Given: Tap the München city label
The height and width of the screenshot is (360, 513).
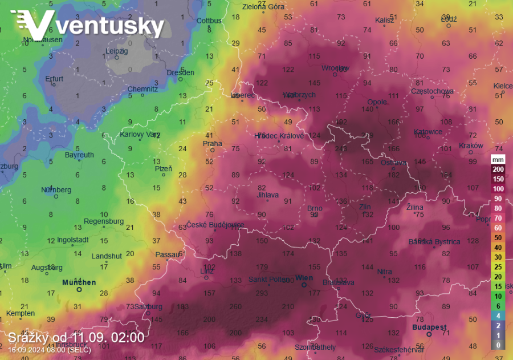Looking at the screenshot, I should (79, 282).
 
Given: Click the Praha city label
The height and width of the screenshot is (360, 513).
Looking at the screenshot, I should (212, 143).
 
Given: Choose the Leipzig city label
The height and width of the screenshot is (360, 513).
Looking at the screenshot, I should (117, 51).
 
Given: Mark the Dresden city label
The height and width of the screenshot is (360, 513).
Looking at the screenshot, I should (180, 72).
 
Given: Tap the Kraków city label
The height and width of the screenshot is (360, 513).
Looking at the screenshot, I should (471, 145).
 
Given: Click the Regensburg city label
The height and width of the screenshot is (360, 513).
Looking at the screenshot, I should (104, 221).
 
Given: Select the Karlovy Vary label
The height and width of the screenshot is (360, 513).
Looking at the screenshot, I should (140, 135).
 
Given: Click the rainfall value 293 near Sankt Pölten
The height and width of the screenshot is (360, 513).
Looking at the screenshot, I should (262, 293).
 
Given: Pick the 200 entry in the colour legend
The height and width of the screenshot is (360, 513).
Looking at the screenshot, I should (498, 169).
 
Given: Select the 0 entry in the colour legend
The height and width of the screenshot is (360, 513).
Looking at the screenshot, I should (498, 345).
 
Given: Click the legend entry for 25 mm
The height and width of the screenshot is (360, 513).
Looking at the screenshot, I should (498, 267).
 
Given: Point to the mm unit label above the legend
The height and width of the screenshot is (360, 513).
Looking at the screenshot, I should (498, 160).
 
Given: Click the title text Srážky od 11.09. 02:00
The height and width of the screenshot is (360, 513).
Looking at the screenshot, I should (76, 337).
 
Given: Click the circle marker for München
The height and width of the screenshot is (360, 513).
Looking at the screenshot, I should (79, 289).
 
